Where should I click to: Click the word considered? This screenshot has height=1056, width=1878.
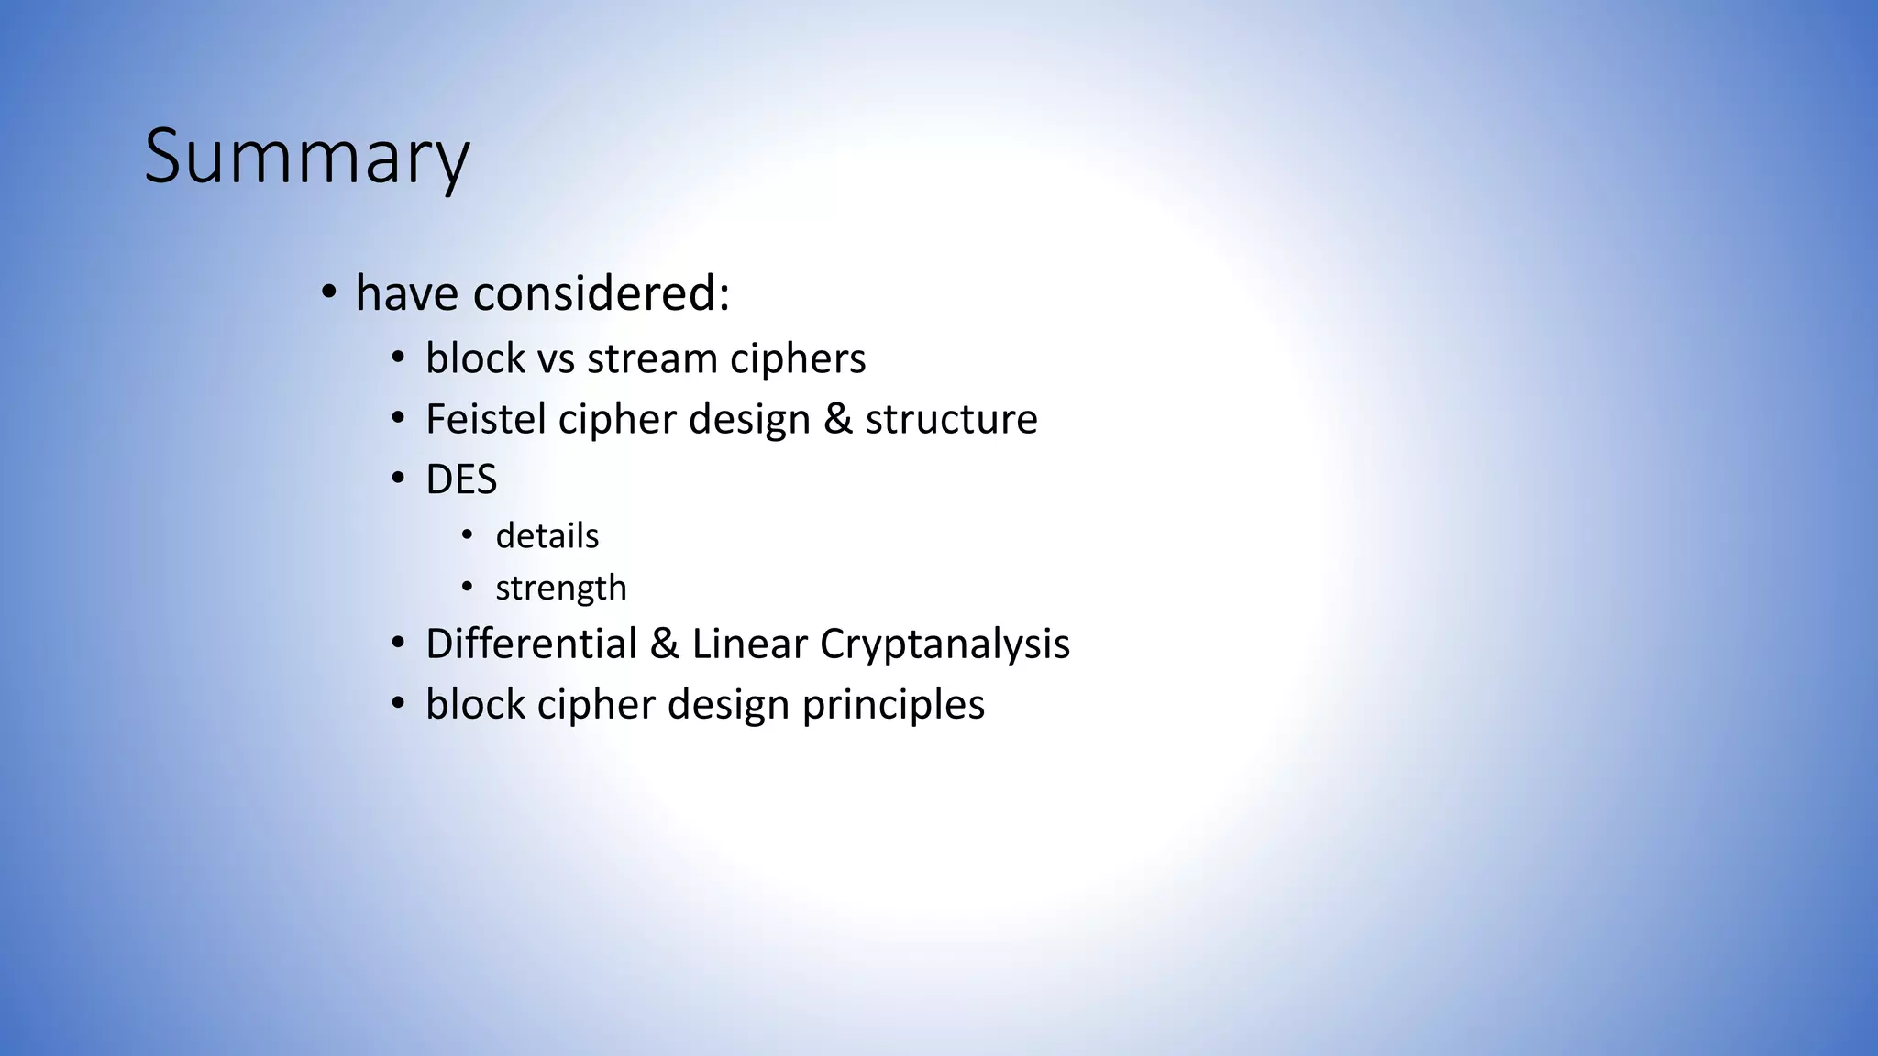pyautogui.click(x=602, y=294)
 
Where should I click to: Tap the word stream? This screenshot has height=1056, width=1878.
pyautogui.click(x=652, y=358)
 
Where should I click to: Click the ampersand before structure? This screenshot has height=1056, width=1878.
pyautogui.click(x=837, y=419)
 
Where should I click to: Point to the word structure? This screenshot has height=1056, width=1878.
pyautogui.click(x=951, y=419)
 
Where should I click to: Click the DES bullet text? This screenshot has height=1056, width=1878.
pyautogui.click(x=461, y=479)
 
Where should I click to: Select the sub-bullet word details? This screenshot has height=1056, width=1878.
pyautogui.click(x=547, y=536)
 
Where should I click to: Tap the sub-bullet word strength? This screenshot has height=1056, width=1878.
pyautogui.click(x=560, y=588)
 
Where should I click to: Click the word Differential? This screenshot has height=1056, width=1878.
pyautogui.click(x=530, y=643)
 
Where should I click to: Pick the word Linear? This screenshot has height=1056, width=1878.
pyautogui.click(x=749, y=643)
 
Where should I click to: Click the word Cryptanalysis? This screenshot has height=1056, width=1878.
pyautogui.click(x=945, y=643)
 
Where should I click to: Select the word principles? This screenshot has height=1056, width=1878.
pyautogui.click(x=893, y=705)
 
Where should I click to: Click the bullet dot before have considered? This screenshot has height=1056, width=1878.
pyautogui.click(x=328, y=294)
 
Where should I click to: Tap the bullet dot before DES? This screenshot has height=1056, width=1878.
pyautogui.click(x=397, y=479)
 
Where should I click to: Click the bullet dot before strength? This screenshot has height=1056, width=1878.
pyautogui.click(x=468, y=587)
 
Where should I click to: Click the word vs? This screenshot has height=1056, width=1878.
pyautogui.click(x=556, y=358)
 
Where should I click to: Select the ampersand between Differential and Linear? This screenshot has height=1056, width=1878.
pyautogui.click(x=664, y=643)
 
